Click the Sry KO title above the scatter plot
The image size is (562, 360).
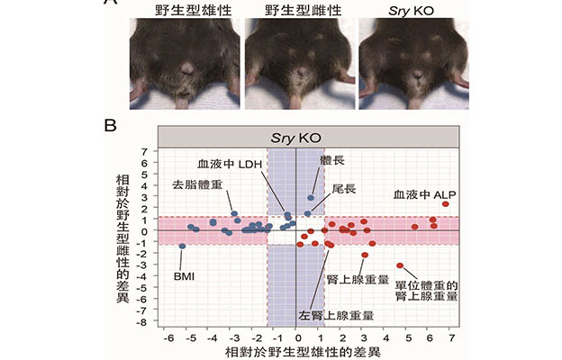tap(309, 136)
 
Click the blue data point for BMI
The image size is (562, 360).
tap(182, 246)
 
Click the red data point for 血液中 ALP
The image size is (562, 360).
tap(445, 204)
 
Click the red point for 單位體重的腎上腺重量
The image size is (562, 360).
tap(400, 265)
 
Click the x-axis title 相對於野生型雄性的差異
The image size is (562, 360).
tap(309, 352)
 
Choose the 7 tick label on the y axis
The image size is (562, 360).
tap(144, 150)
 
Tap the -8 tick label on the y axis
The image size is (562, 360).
tap(141, 322)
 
